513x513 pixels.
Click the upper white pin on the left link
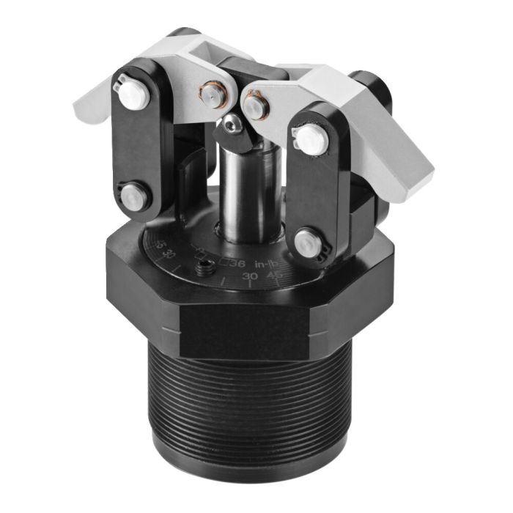click(x=133, y=92)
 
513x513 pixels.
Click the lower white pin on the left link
click(x=132, y=196)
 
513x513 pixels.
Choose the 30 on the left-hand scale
click(x=167, y=254)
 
